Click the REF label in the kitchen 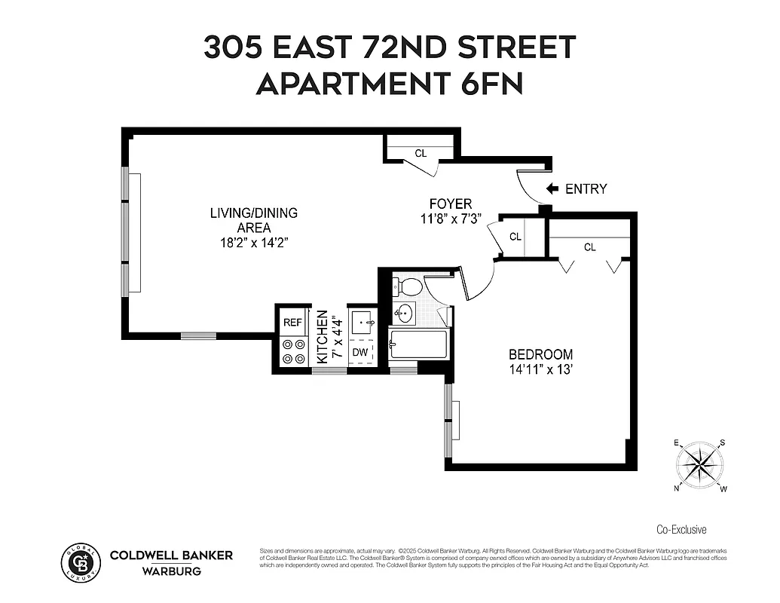click(x=292, y=323)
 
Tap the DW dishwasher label click(x=360, y=352)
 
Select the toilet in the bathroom click(x=410, y=286)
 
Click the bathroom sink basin click(x=405, y=313)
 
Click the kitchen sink click(x=362, y=323)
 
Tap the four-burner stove click(x=292, y=351)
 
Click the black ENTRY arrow click(x=552, y=188)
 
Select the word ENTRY click(x=586, y=189)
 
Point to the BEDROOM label click(x=540, y=354)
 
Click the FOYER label click(x=451, y=204)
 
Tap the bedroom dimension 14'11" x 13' click(x=540, y=369)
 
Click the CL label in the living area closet click(x=421, y=154)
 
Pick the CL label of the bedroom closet click(x=589, y=247)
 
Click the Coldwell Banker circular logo click(x=80, y=563)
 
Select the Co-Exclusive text click(x=681, y=530)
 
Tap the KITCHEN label click(x=322, y=337)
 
